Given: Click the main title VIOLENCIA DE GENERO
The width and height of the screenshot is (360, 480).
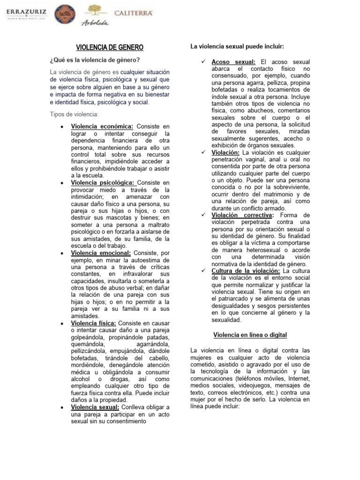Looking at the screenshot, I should [x=110, y=47].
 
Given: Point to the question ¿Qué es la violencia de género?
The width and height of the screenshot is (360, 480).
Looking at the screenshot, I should [x=95, y=60].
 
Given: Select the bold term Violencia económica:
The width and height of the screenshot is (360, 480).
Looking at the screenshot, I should [x=102, y=127].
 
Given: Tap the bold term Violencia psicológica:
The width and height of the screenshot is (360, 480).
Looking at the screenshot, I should [x=103, y=183].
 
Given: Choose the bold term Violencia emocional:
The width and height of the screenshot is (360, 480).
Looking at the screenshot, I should [x=101, y=253].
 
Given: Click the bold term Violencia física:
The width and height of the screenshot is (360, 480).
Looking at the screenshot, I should [x=94, y=323].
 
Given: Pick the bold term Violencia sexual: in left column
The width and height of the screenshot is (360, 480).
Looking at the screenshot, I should [x=95, y=407].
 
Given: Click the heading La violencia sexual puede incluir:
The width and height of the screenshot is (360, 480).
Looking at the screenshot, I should [x=237, y=46].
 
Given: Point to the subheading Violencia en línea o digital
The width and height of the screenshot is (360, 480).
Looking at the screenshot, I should [x=250, y=335].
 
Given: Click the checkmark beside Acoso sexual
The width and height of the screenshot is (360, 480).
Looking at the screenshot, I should [x=202, y=62].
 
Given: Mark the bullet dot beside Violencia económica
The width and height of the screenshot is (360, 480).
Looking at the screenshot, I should [x=62, y=127].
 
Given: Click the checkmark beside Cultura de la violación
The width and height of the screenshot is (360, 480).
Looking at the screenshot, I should [x=202, y=271].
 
